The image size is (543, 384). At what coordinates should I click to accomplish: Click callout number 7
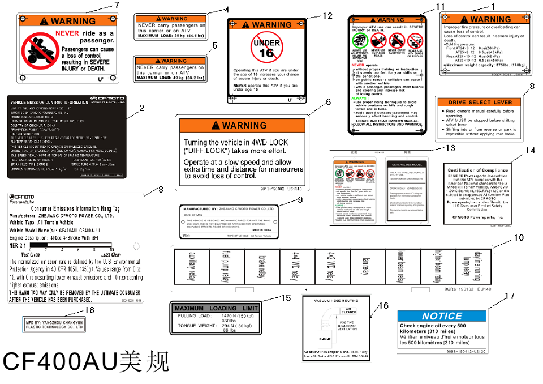tap(117, 5)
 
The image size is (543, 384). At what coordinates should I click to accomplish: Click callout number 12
tap(328, 15)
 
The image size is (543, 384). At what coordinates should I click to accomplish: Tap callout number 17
tap(509, 296)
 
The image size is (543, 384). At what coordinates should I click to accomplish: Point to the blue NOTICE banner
tap(442, 316)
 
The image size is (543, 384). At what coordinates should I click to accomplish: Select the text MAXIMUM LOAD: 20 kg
tap(170, 36)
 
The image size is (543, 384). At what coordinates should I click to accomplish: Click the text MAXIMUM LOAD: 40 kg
tap(170, 78)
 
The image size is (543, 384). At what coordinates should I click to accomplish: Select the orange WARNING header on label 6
tap(243, 125)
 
